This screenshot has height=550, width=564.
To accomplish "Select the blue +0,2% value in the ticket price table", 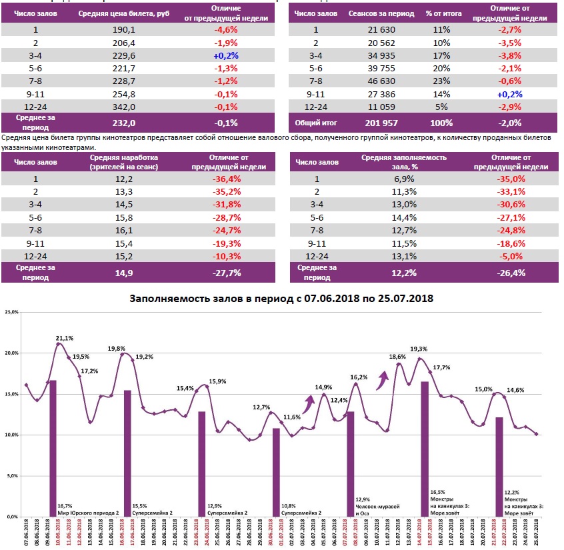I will (x=227, y=55).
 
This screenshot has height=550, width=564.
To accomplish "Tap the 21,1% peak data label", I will (x=65, y=337).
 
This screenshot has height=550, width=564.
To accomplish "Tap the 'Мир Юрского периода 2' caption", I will (x=89, y=512).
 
